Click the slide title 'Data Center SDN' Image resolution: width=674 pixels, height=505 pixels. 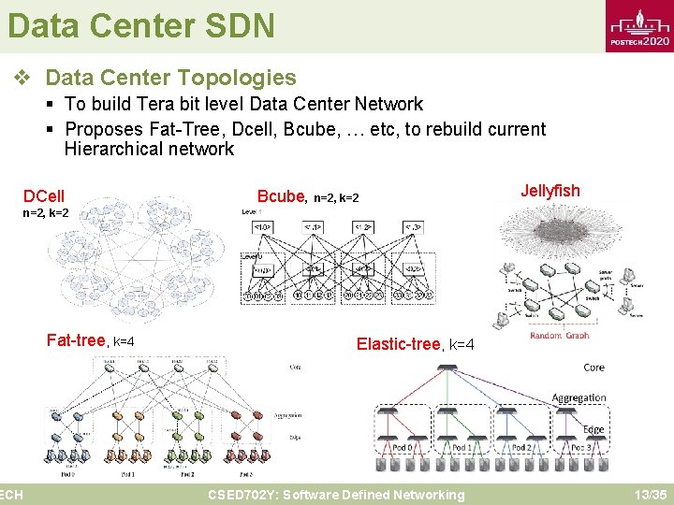[x=141, y=25]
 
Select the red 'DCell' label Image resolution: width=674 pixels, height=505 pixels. [x=44, y=196]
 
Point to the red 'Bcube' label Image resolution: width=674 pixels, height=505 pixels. [x=281, y=196]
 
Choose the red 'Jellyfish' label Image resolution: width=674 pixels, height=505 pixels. [x=550, y=191]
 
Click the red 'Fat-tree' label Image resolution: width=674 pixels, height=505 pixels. [x=76, y=340]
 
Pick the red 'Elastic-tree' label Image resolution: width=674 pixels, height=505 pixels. [x=398, y=344]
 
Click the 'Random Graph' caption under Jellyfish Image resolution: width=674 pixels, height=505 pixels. [x=560, y=336]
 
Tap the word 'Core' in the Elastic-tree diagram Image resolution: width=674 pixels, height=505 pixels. [x=593, y=368]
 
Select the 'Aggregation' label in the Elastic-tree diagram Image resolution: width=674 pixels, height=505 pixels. [x=579, y=398]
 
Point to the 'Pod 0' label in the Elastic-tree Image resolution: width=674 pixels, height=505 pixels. [x=403, y=449]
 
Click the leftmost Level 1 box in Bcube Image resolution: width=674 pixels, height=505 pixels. [x=263, y=227]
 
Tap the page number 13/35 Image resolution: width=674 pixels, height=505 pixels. [x=650, y=495]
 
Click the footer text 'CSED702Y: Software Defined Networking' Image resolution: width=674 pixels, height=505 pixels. [x=336, y=495]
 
